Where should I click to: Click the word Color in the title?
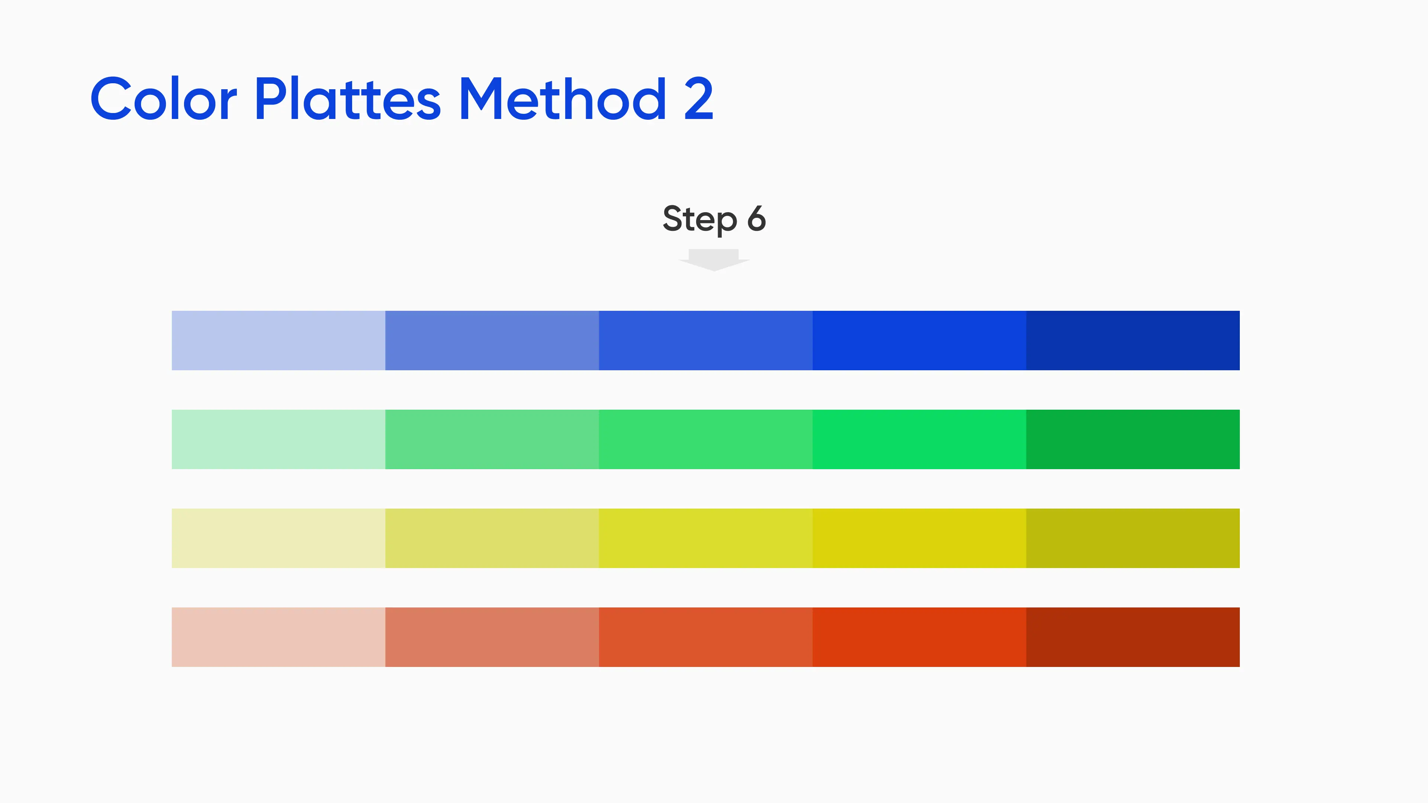pos(164,98)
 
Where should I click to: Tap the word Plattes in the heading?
pos(348,98)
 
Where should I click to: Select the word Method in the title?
pos(563,98)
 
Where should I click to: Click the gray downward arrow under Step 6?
pos(714,260)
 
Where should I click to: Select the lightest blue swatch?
pos(278,340)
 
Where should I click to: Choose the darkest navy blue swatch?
pos(1132,340)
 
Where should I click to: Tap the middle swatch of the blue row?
pos(706,340)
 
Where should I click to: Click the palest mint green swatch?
pos(278,439)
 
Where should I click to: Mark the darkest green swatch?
pos(1132,439)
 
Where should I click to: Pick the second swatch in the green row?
pos(492,439)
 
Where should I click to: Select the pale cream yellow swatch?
pos(278,538)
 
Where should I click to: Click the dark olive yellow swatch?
pos(1132,538)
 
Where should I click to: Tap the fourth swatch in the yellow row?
pos(919,538)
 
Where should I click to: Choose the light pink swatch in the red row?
pos(278,637)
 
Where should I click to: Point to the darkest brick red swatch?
pos(1132,637)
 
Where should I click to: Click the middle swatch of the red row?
pos(706,637)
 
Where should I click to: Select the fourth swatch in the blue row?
pos(919,340)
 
